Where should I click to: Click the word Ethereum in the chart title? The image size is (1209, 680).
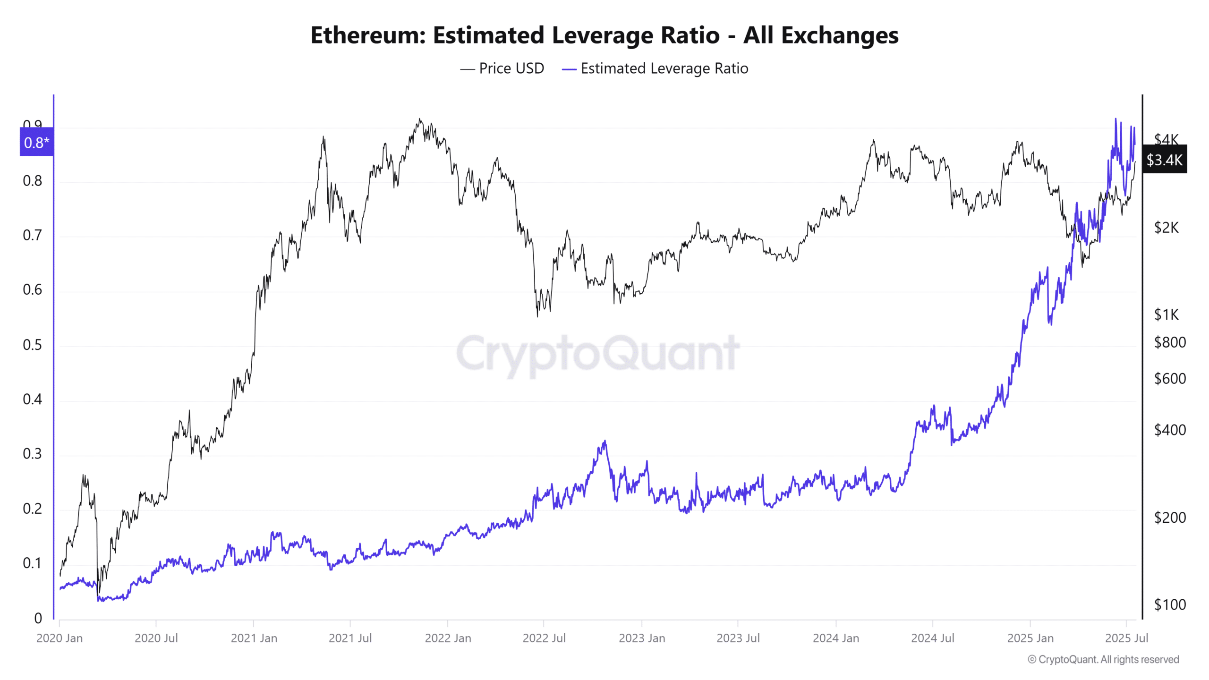(368, 35)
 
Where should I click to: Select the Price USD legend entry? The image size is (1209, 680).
(502, 68)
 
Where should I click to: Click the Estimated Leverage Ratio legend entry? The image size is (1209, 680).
(656, 68)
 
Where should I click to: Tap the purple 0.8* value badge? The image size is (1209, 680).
(36, 142)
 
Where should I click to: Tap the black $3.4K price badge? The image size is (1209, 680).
(1164, 160)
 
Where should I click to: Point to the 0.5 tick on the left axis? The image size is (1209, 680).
(32, 345)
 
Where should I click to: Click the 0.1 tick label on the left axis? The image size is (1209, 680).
(32, 563)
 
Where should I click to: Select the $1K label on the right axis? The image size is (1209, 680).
(1166, 314)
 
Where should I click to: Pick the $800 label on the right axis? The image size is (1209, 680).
(1169, 342)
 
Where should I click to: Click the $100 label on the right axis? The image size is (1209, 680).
(1169, 604)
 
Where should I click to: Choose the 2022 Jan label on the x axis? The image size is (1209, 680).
(448, 638)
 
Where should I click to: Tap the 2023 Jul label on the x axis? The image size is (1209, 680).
(738, 638)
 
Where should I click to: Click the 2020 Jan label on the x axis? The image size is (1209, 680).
(60, 638)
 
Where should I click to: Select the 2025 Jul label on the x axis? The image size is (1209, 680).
(1126, 638)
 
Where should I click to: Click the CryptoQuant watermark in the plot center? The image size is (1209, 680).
(598, 353)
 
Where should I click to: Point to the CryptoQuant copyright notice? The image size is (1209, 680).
(1103, 660)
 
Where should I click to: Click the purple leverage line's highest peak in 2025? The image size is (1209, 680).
(1116, 119)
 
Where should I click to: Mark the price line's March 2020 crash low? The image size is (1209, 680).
(99, 593)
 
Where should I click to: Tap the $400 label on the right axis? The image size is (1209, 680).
(1169, 430)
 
